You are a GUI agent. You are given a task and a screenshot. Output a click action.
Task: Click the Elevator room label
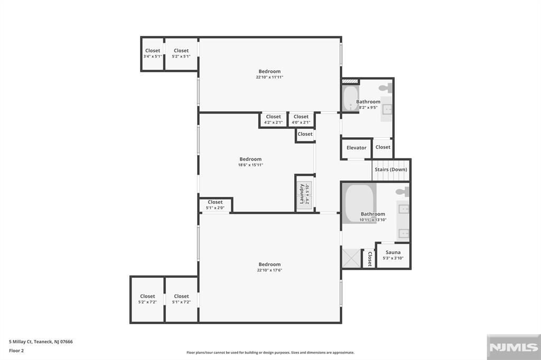[x=356, y=148]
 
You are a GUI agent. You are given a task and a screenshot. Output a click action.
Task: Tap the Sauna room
[x=393, y=255]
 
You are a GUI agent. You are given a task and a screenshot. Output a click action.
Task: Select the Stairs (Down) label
[x=391, y=169]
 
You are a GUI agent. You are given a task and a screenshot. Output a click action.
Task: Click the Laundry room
[x=304, y=193]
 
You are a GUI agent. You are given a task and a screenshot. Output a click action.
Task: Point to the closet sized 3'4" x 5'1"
[x=152, y=53]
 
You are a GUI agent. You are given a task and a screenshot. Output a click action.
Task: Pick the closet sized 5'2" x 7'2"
[x=147, y=299]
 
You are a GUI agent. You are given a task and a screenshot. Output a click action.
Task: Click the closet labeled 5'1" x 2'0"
[x=215, y=205]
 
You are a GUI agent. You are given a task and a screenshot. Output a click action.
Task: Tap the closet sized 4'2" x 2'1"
[x=273, y=119]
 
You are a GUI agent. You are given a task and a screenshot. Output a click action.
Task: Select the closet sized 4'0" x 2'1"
[x=301, y=119]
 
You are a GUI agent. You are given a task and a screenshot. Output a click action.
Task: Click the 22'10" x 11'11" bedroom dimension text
[x=269, y=77]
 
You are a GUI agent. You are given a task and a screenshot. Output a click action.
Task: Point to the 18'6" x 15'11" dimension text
[x=250, y=165]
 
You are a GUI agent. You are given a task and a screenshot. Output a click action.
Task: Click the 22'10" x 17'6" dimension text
[x=269, y=270]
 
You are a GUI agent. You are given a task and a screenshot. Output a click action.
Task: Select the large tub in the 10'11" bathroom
[x=359, y=203]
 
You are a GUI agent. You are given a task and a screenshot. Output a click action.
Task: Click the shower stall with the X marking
[x=351, y=259]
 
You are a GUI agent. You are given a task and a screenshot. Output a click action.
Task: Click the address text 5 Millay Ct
[x=41, y=342]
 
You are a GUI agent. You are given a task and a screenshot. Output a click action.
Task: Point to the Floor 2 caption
[x=16, y=350]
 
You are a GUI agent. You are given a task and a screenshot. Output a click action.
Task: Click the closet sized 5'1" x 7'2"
[x=181, y=299]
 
